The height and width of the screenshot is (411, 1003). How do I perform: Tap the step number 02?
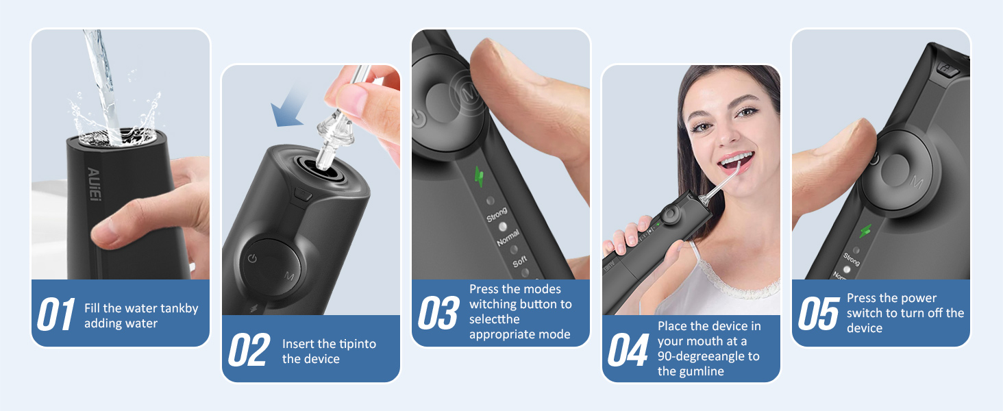point(247,351)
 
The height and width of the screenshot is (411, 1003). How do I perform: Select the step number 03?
point(438,312)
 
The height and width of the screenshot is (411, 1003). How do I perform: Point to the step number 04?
point(628,351)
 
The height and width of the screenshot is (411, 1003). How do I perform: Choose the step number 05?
point(818,314)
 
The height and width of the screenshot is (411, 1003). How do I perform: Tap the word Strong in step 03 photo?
point(497,214)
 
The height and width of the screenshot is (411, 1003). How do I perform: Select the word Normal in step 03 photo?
point(508,238)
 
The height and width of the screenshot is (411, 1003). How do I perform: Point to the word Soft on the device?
point(520,261)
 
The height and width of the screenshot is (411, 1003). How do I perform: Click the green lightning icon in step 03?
point(480,177)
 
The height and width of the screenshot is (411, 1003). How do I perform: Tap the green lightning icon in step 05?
point(867,232)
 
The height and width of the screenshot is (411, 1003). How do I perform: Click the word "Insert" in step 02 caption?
point(299,344)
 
